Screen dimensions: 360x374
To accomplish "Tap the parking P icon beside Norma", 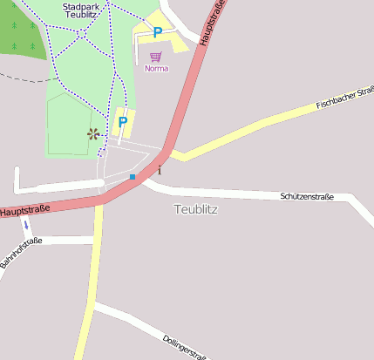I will [157, 32].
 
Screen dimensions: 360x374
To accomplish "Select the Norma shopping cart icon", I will [156, 57].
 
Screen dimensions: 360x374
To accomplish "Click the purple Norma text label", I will [157, 68].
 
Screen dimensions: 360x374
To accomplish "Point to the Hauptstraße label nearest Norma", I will [214, 22].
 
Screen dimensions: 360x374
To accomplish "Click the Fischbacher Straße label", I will [345, 98].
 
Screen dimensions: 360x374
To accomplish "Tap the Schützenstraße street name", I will [307, 196].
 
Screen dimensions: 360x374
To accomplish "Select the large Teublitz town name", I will [195, 210].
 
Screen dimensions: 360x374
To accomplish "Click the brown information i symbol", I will [160, 169].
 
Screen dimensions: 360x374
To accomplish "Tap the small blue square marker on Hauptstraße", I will [133, 177].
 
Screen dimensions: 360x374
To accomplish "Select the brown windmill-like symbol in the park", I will [92, 133].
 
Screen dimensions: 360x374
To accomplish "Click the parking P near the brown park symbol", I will [123, 121].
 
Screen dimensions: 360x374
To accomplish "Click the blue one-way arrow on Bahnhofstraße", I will [25, 225].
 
